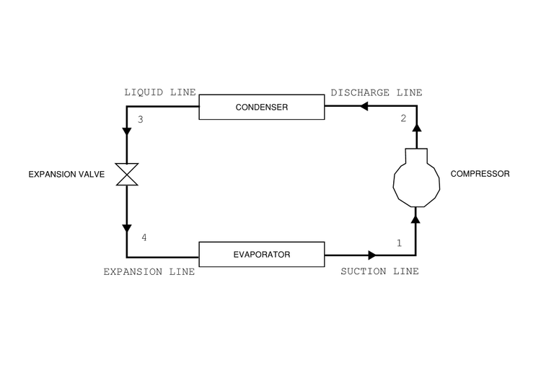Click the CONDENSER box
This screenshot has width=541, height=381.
point(262,108)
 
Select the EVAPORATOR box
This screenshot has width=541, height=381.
point(262,255)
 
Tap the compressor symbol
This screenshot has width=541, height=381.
point(416,180)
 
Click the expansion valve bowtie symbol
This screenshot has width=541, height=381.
point(127,174)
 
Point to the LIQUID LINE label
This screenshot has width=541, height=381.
point(160,93)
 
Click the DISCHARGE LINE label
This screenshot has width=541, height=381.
point(376,93)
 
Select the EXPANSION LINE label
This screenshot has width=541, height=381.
point(149,272)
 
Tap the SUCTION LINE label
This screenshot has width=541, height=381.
point(379,272)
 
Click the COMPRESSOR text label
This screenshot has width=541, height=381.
point(480,174)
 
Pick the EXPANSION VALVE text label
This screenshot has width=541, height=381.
point(66,174)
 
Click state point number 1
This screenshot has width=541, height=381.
point(399,244)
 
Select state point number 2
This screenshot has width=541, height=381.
point(403,119)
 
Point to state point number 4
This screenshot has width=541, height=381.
point(144,237)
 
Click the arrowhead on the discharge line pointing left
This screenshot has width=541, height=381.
point(364,107)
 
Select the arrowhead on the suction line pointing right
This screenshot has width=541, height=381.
point(372,255)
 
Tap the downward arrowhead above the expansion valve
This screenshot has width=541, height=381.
point(127,132)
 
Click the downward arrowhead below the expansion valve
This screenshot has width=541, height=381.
point(127,228)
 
